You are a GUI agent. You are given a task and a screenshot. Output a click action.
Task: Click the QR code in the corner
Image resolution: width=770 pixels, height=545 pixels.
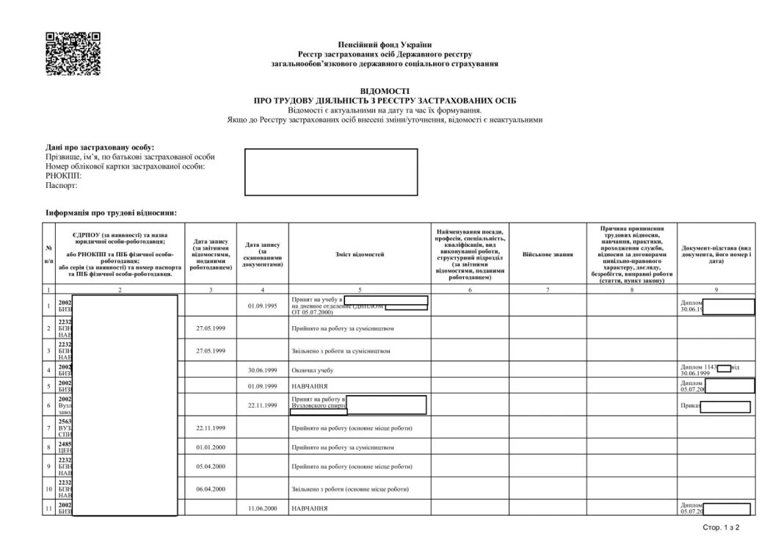(73, 54)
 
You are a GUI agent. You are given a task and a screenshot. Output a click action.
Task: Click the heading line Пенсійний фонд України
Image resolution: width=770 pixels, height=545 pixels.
(385, 46)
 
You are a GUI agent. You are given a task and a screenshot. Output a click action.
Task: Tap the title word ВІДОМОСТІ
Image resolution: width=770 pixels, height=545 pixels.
(385, 90)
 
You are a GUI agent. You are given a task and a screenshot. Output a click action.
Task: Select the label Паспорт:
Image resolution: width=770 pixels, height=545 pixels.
(61, 186)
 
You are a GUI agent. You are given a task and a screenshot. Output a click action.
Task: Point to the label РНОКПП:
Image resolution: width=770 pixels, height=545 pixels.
(63, 176)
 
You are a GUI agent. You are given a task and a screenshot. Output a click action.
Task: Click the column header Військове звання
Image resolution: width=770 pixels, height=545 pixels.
(548, 255)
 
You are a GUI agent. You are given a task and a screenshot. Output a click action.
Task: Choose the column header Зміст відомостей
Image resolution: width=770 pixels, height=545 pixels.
(360, 255)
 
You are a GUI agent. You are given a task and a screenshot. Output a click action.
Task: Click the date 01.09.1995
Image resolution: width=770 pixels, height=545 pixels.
(262, 306)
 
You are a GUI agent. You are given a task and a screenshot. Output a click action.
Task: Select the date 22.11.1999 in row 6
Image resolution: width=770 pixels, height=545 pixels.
(262, 405)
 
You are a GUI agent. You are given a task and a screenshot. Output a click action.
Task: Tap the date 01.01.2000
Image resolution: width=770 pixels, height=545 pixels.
(211, 447)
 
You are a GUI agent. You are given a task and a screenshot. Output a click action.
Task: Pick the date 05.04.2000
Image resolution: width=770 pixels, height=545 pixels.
(211, 466)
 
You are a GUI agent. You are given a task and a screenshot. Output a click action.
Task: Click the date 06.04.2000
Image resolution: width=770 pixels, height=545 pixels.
(211, 488)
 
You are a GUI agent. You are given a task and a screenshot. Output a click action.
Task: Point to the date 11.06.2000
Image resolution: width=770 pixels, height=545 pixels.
(262, 508)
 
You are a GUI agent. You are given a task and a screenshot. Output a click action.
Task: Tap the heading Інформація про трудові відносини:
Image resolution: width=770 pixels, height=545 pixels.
(111, 213)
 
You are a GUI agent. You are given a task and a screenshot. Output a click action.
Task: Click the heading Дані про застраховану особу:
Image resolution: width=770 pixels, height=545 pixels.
(100, 148)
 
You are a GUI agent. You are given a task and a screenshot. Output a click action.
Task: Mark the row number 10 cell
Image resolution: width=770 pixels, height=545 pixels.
(49, 488)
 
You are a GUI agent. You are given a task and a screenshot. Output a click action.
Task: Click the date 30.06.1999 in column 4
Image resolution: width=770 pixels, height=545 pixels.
(262, 370)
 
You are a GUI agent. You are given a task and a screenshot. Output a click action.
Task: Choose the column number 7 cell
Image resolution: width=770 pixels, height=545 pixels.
(548, 290)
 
